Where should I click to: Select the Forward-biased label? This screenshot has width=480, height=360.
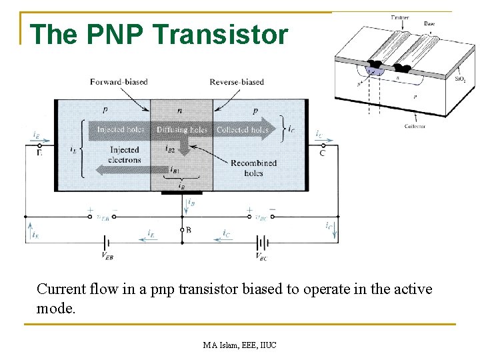pos(119,82)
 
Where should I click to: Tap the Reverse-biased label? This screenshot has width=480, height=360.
pos(237,82)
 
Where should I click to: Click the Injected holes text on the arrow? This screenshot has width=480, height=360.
pos(121,129)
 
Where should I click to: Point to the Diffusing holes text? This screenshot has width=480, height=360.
pos(182,129)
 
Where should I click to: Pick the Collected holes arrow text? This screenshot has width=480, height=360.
pos(243,129)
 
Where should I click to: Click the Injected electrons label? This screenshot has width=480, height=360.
pos(125,155)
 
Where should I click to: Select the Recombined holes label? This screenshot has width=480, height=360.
pos(253,168)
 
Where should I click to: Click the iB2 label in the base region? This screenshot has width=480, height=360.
pos(171,149)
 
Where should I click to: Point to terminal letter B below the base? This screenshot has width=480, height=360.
pos(189,229)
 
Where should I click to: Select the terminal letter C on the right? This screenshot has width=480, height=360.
pos(322,153)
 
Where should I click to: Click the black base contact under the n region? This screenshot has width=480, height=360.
pos(181,193)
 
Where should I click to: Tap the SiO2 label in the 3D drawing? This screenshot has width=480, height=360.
pos(460,79)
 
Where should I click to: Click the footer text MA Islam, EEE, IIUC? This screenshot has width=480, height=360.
pos(241,345)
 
